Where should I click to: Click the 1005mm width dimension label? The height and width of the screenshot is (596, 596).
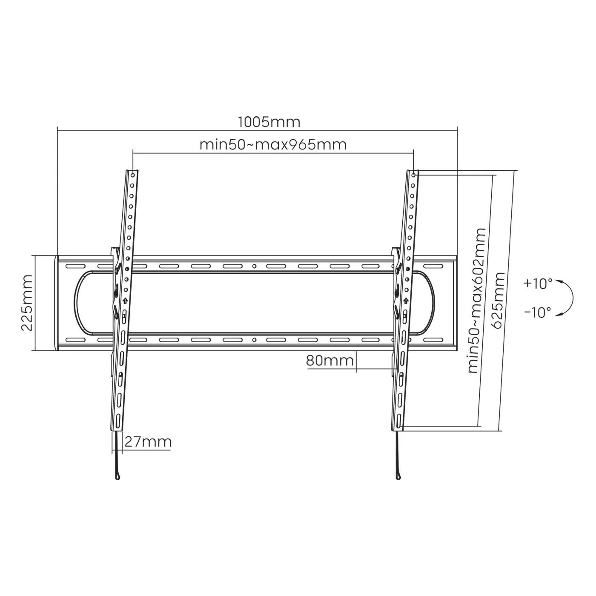(x=269, y=122)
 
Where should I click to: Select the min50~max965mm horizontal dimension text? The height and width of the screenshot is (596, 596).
(x=273, y=145)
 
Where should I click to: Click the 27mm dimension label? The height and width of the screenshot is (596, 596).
(x=148, y=442)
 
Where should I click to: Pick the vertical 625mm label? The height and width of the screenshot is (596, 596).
(x=498, y=300)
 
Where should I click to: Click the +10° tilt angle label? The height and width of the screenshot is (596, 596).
(x=538, y=284)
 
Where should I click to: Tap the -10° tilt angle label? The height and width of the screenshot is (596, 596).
(x=537, y=312)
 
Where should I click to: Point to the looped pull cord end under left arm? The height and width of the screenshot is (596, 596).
(x=117, y=475)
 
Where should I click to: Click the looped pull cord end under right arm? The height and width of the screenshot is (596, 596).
(x=398, y=475)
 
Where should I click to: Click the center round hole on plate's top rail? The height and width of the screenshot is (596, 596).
(x=254, y=266)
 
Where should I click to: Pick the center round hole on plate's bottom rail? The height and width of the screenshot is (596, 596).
(x=254, y=340)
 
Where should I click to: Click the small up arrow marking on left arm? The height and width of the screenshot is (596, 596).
(x=125, y=301)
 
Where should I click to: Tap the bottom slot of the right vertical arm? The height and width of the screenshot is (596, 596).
(x=398, y=421)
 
